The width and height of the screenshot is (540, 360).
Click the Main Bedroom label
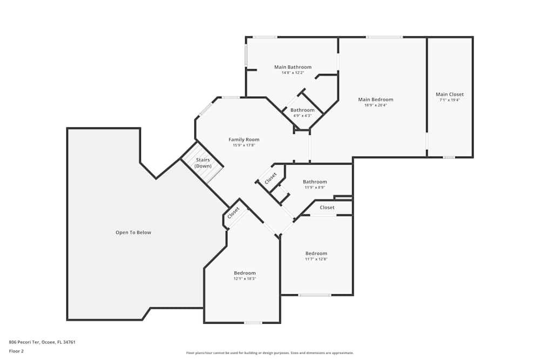click(375, 99)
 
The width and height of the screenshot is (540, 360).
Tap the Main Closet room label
click(449, 94)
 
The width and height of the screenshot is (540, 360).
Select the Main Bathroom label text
click(293, 67)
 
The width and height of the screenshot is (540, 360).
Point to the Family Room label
click(244, 140)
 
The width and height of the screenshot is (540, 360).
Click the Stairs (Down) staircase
click(202, 163)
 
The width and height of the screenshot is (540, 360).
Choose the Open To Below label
click(133, 233)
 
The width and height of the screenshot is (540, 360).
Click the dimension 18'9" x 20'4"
click(375, 105)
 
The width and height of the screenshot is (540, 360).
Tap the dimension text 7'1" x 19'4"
click(449, 100)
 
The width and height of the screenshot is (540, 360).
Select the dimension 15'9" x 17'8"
click(244, 145)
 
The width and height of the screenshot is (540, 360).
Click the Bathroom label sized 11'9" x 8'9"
click(314, 182)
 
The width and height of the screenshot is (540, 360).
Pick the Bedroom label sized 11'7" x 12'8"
click(316, 254)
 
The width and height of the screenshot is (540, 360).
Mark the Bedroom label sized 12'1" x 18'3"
click(245, 273)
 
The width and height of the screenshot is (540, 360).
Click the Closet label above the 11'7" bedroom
click(327, 207)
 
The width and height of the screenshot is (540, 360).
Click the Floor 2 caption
click(16, 351)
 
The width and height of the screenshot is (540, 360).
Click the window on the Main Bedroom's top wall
click(384, 37)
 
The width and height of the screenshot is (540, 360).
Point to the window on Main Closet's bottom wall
click(449, 157)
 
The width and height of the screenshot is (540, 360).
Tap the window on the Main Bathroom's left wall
click(246, 55)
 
